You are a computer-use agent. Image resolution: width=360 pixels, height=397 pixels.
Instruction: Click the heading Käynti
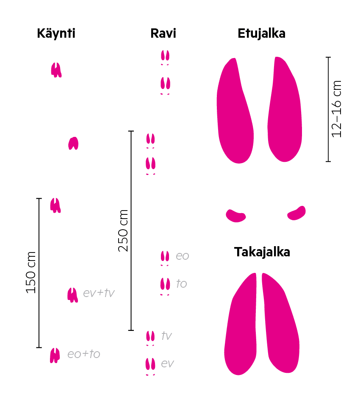56,33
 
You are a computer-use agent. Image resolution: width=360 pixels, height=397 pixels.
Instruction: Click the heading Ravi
163,33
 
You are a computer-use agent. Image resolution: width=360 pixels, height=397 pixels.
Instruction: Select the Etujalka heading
261,33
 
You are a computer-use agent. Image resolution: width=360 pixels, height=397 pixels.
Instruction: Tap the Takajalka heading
262,252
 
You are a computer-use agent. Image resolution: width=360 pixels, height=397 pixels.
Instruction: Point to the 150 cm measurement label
31,272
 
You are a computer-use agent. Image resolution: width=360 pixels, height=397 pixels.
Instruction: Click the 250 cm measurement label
123,230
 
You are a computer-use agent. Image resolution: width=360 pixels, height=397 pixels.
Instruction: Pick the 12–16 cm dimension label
337,109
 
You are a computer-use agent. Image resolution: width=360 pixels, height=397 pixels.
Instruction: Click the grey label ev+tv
99,293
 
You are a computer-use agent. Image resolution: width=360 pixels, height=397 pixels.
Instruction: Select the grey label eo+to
84,354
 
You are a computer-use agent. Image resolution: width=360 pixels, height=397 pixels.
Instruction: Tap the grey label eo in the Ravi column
183,256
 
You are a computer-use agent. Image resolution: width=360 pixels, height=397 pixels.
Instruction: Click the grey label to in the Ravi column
182,283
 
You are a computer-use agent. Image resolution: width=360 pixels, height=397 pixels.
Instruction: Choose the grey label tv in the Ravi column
166,336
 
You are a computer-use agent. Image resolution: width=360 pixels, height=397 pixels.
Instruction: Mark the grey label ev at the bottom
167,364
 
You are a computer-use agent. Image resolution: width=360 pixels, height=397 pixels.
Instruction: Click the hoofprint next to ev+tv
72,295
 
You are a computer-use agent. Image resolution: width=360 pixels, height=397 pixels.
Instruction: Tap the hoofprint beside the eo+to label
55,355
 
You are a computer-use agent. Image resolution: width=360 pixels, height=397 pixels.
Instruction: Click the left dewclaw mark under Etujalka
236,216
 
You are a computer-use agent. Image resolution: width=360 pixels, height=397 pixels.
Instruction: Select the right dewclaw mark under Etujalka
296,213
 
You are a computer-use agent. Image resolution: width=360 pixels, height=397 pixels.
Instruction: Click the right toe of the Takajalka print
280,323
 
